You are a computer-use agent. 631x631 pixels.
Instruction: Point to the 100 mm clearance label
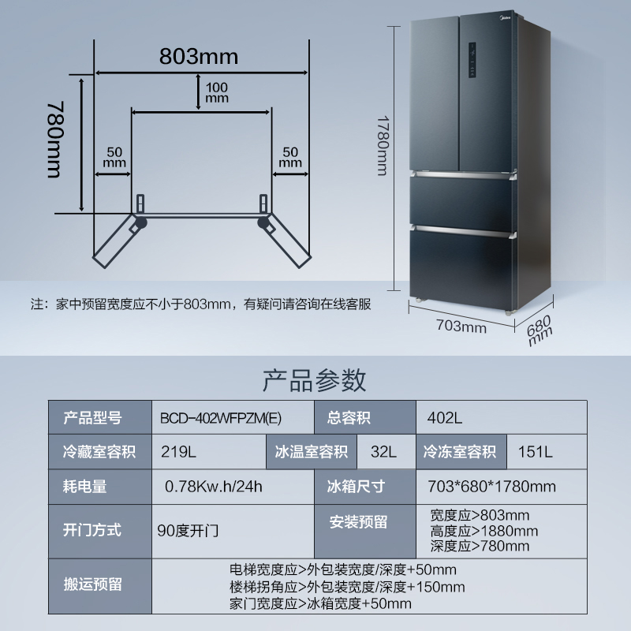click(216, 92)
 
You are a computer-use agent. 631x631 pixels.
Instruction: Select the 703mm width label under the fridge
click(461, 327)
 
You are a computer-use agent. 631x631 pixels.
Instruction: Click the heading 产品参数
click(314, 380)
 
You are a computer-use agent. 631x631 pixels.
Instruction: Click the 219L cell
click(178, 452)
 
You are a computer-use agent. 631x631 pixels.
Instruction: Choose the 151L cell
click(536, 452)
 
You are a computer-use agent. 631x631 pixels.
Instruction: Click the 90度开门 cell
click(188, 530)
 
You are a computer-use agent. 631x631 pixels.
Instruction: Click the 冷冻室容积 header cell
click(460, 452)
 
